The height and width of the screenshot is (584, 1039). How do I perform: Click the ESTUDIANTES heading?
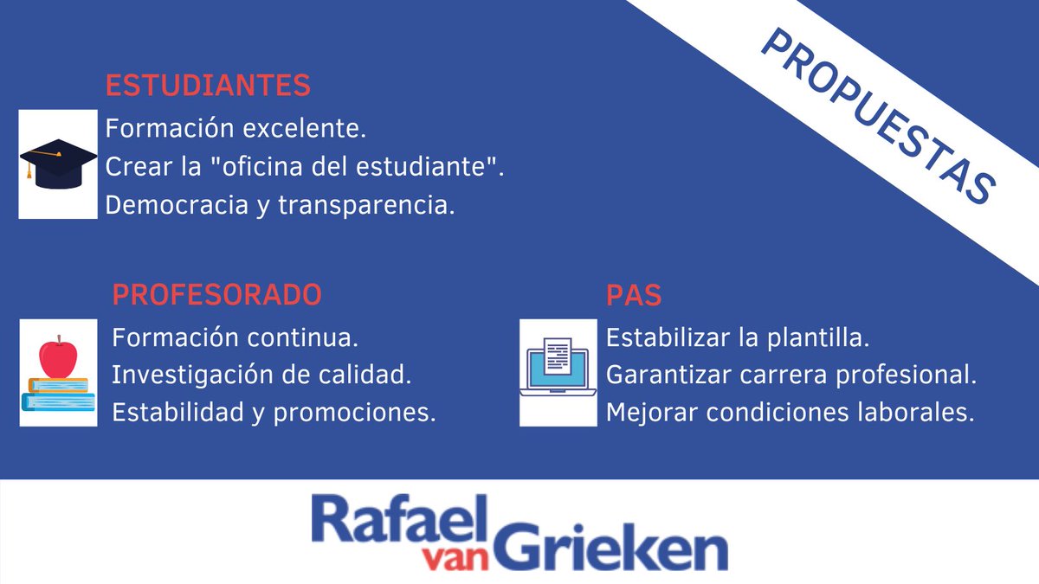tap(208, 86)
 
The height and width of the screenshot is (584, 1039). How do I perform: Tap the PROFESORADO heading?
tap(216, 294)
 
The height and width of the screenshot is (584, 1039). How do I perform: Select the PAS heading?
tap(634, 294)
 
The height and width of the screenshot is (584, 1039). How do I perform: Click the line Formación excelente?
tap(236, 130)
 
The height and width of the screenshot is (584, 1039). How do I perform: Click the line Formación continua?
tap(236, 336)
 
